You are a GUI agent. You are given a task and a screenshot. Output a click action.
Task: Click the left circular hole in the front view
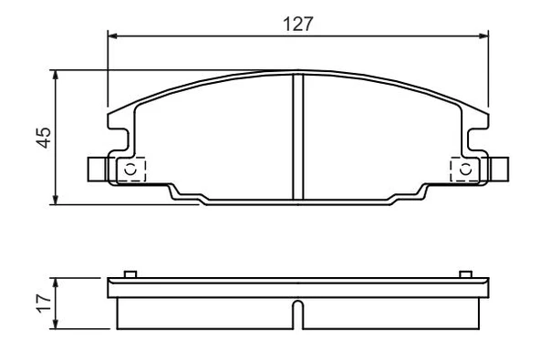[130, 169]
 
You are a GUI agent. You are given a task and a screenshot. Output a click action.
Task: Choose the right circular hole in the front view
[465, 169]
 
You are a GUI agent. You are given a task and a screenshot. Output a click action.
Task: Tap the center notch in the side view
[297, 315]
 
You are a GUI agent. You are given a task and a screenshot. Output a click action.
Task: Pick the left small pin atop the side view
[130, 273]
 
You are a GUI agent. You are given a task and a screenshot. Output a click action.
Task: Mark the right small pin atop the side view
[465, 273]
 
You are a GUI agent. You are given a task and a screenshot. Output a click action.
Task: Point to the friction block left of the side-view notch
[205, 313]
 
